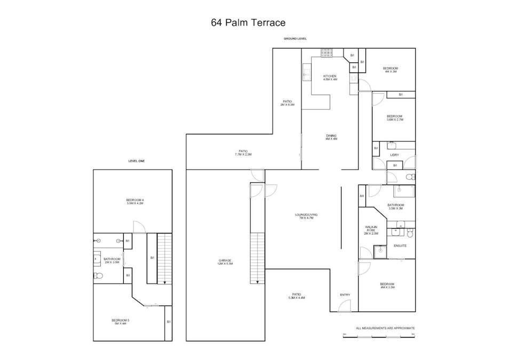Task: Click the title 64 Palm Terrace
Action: point(248,22)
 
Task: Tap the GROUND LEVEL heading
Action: point(295,39)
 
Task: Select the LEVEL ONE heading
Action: point(137,161)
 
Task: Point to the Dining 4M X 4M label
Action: point(331,137)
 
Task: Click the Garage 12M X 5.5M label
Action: point(224,262)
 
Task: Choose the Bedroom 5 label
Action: point(121,322)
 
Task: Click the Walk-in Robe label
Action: point(370,230)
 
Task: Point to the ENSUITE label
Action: point(400,246)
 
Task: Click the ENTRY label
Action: point(345,295)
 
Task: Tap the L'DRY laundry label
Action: point(395,155)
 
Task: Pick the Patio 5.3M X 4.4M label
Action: point(296,296)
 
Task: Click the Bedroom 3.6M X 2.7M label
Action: point(394,118)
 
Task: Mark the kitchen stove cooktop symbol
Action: point(327,53)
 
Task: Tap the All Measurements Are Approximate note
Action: point(385,328)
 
